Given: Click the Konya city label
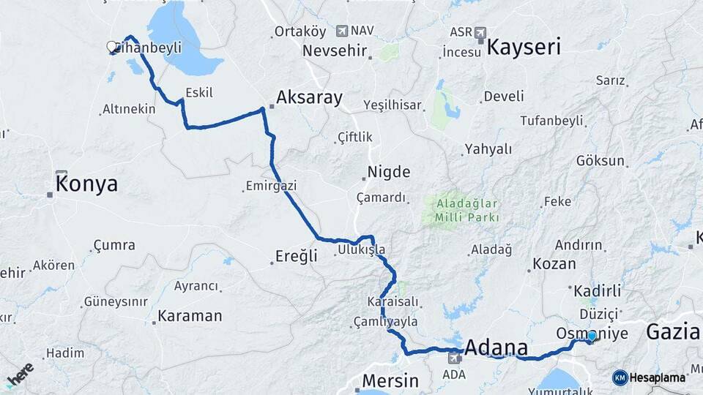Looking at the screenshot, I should (86, 183).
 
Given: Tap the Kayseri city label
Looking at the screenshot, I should (524, 48).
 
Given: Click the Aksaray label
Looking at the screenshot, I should (309, 97).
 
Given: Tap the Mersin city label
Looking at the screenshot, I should (391, 381).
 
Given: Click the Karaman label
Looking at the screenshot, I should (190, 316).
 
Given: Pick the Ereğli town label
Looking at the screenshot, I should (296, 256).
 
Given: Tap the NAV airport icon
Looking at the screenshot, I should (342, 31).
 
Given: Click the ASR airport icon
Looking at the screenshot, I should (480, 32).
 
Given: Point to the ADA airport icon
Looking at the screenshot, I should (454, 358).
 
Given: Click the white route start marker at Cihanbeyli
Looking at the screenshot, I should (112, 47).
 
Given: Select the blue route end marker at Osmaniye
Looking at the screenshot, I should (592, 336).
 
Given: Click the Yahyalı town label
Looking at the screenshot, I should (488, 149).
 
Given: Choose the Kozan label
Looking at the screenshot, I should (554, 263).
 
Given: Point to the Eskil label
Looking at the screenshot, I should (199, 93).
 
